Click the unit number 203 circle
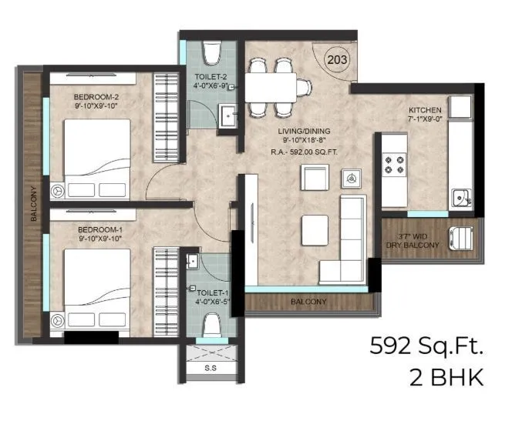click(336, 58)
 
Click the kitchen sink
click(462, 198)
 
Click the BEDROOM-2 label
click(96, 97)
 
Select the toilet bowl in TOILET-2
click(213, 53)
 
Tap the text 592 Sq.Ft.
click(426, 346)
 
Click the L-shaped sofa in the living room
click(352, 239)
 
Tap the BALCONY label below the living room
click(308, 302)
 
